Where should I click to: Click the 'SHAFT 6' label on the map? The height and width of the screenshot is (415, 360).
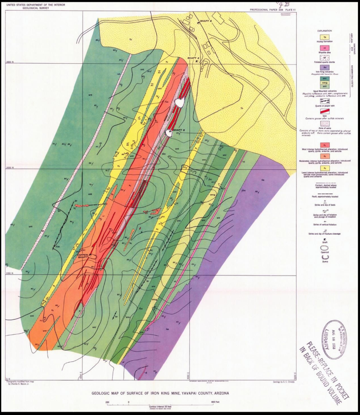tap(205, 21)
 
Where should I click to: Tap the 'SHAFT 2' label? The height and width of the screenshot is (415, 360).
tap(193, 58)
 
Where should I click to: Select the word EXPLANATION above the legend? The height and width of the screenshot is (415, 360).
tap(325, 31)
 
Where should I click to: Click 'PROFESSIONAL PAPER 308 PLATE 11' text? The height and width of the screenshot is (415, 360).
tap(272, 9)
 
